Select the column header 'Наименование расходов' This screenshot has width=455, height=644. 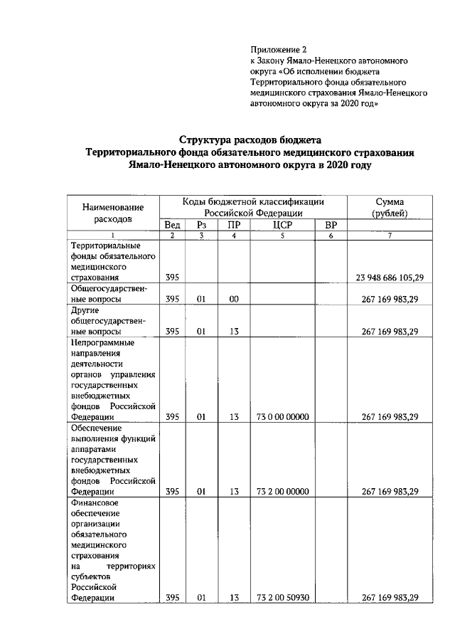click(x=113, y=213)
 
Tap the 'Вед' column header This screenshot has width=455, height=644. click(x=172, y=226)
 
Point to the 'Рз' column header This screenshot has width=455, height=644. click(x=201, y=226)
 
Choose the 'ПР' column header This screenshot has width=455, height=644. click(x=233, y=226)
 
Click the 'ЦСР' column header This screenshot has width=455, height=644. click(x=282, y=226)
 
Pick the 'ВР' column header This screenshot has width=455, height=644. click(x=330, y=226)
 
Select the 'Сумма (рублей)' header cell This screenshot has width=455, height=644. click(x=390, y=206)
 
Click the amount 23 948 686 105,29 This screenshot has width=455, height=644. click(x=390, y=277)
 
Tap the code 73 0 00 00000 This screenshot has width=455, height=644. click(x=282, y=416)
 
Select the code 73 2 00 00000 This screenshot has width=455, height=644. click(x=282, y=491)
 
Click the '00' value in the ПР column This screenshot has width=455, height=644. click(x=233, y=300)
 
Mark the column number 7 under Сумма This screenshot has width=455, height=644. click(x=390, y=236)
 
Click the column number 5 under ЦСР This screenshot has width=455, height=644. click(x=282, y=236)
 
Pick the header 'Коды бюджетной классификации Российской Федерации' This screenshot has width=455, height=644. click(x=254, y=206)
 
